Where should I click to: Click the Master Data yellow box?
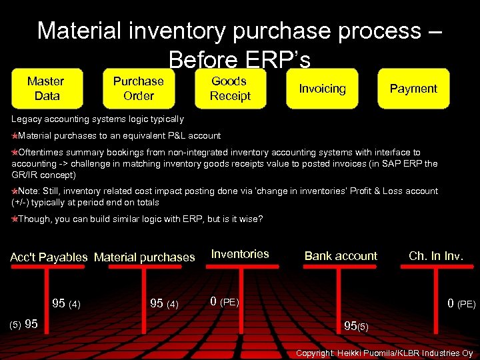pyautogui.click(x=46, y=89)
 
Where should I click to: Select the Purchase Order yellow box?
pyautogui.click(x=138, y=89)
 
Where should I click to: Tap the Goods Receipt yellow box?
pyautogui.click(x=230, y=89)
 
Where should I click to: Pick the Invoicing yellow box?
pyautogui.click(x=322, y=89)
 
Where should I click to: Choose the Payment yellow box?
pyautogui.click(x=413, y=89)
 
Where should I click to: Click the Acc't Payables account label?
pyautogui.click(x=49, y=257)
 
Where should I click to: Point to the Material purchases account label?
pyautogui.click(x=145, y=257)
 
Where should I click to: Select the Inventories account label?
pyautogui.click(x=240, y=254)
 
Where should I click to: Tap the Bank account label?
pyautogui.click(x=341, y=256)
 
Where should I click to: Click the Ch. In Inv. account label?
pyautogui.click(x=436, y=256)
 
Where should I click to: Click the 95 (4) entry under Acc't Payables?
pyautogui.click(x=66, y=304)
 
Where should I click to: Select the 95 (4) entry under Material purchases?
pyautogui.click(x=164, y=304)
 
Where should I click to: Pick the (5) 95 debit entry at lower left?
pyautogui.click(x=23, y=325)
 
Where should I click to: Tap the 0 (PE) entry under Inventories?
pyautogui.click(x=224, y=301)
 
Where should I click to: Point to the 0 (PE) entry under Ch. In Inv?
pyautogui.click(x=461, y=304)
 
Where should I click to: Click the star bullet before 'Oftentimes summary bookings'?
pyautogui.click(x=15, y=153)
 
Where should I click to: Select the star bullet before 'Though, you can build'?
pyautogui.click(x=15, y=219)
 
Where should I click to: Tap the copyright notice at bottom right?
pyautogui.click(x=384, y=353)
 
